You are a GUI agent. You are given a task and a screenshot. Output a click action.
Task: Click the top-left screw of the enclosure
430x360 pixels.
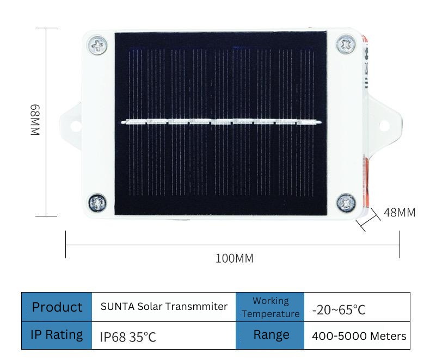[x=97, y=45]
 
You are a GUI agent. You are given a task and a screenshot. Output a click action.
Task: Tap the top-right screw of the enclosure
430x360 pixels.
[x=346, y=44]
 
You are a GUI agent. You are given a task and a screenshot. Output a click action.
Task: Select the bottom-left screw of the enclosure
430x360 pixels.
[x=97, y=203]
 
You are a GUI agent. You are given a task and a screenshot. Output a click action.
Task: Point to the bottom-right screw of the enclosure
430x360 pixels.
[x=346, y=203]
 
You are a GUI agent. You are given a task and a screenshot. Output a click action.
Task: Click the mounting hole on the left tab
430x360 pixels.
[x=76, y=126]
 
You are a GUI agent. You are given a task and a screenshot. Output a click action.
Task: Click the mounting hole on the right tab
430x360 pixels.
[x=384, y=126]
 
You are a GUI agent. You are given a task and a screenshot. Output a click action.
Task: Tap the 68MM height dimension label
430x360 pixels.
[x=35, y=120]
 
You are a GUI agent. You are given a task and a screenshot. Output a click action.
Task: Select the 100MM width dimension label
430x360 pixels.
[x=235, y=258]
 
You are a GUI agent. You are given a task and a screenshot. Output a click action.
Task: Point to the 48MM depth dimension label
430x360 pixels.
[x=400, y=213]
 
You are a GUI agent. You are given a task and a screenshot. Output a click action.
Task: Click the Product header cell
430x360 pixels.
[x=57, y=307]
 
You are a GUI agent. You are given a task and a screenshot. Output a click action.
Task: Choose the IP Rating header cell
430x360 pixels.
[x=57, y=335]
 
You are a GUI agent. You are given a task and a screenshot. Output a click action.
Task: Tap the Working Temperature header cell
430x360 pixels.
[x=270, y=307]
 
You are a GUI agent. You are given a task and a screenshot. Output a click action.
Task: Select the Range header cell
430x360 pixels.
[x=270, y=335]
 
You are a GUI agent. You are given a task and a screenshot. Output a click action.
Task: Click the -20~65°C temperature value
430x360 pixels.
[x=339, y=310]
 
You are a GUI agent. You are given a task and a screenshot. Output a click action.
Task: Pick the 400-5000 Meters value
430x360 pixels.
[x=359, y=336]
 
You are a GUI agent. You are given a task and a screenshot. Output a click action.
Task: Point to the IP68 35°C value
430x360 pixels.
[x=128, y=337]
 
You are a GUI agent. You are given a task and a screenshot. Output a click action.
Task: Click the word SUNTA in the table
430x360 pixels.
[x=118, y=307]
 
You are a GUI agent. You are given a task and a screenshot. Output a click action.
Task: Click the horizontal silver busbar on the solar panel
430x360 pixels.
[x=221, y=121]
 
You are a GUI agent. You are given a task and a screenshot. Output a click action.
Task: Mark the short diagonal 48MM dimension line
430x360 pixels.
[x=368, y=220]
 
